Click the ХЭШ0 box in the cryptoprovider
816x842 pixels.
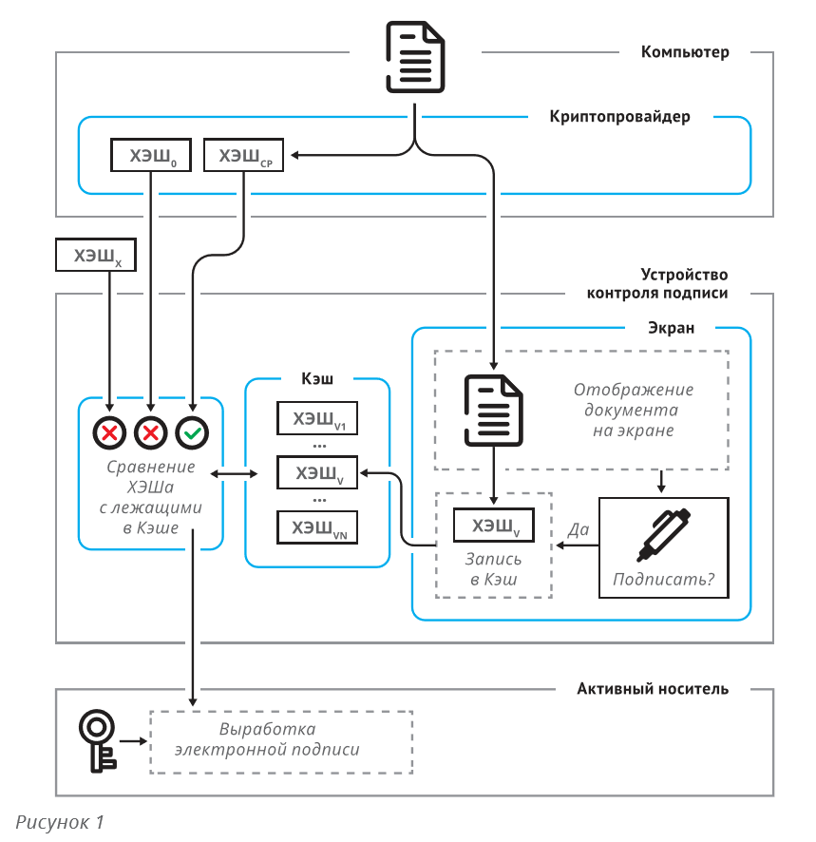coord(151,155)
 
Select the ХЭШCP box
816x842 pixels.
coord(244,155)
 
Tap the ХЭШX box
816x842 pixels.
coord(96,255)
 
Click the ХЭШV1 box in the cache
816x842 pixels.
coord(317,418)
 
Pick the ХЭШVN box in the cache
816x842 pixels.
coord(317,527)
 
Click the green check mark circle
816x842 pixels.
coord(192,432)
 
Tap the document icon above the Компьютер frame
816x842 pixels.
coord(415,57)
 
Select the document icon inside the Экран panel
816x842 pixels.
coord(493,411)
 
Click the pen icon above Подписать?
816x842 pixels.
coord(664,534)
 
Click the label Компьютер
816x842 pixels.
coord(685,52)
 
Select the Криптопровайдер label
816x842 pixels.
coord(619,117)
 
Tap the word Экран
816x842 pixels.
coord(671,328)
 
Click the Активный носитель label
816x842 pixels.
coord(653,688)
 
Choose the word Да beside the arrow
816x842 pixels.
coord(579,529)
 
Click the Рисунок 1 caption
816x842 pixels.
coord(60,822)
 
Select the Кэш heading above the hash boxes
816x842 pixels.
coord(317,378)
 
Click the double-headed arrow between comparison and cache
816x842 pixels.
coord(234,473)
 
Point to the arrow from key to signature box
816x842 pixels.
coord(133,741)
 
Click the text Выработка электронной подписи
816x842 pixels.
coord(267,739)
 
